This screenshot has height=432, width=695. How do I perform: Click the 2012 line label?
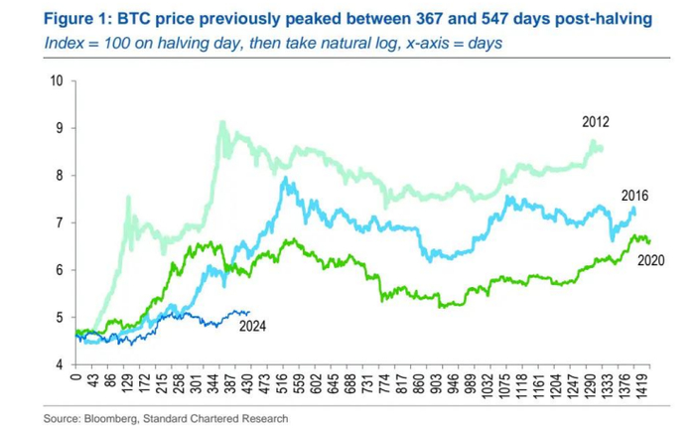pyautogui.click(x=595, y=122)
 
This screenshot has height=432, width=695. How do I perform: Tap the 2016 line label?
pyautogui.click(x=634, y=196)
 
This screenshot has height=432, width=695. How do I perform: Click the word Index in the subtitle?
pyautogui.click(x=63, y=44)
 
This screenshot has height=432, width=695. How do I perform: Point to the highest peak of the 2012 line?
pyautogui.click(x=221, y=122)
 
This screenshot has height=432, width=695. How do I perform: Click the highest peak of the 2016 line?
pyautogui.click(x=285, y=180)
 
